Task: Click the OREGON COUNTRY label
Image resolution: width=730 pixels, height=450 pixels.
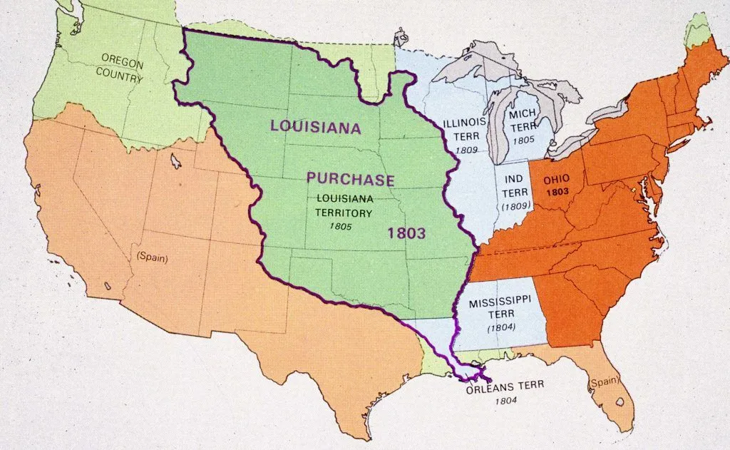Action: coord(122,68)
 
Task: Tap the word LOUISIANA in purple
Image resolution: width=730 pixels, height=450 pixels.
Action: coord(314,126)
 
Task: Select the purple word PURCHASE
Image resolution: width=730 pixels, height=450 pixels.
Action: coord(350,178)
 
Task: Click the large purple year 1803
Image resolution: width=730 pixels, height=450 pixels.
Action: coord(407,232)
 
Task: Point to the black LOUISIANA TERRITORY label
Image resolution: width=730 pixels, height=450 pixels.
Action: coord(345,205)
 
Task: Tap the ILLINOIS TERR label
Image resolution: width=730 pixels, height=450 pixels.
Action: coord(465,128)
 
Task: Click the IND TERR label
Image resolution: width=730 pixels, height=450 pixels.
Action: coord(514,185)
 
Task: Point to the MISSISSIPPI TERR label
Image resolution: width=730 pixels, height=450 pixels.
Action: coord(500,309)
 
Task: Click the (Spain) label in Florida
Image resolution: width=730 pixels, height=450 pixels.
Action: coord(603,384)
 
